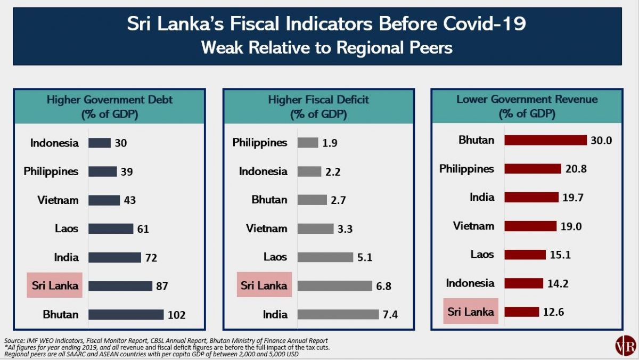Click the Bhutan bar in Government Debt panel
(x=126, y=314)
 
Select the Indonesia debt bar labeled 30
(x=100, y=143)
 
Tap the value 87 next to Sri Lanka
(x=162, y=286)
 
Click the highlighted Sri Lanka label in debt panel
(x=54, y=285)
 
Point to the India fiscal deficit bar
(x=338, y=314)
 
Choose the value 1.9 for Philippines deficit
(x=330, y=143)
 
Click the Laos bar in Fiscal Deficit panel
(x=325, y=257)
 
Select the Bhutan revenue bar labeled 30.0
(x=545, y=140)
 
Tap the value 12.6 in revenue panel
(x=553, y=312)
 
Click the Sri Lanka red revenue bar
(x=521, y=312)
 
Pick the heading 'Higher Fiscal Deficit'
(x=318, y=100)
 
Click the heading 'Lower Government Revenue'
(x=527, y=100)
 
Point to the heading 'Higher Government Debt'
(x=110, y=100)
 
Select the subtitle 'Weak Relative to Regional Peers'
(x=327, y=48)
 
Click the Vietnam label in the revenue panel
(x=473, y=226)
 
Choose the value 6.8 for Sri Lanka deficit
(x=383, y=286)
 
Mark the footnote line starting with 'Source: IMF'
(x=166, y=340)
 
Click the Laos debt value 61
(x=143, y=229)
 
